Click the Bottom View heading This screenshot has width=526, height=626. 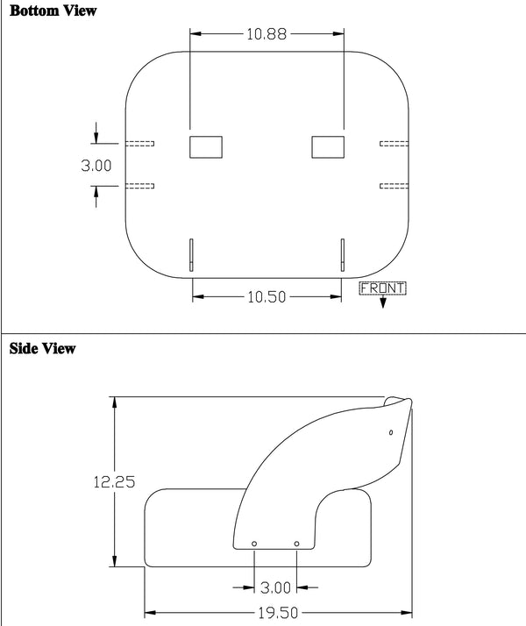tap(53, 11)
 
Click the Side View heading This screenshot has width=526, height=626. tap(42, 348)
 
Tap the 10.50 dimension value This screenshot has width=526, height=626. tap(267, 297)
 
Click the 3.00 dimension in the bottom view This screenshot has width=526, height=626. tap(96, 165)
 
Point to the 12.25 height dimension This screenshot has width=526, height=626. tap(114, 481)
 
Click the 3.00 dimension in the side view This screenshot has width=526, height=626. tap(275, 586)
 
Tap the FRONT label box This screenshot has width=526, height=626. tap(383, 288)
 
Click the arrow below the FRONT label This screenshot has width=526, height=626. tap(383, 302)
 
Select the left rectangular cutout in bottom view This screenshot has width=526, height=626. tap(206, 146)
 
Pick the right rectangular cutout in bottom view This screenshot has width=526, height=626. tap(329, 146)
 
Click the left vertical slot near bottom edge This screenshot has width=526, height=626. tap(192, 254)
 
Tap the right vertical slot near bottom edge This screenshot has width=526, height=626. tap(343, 254)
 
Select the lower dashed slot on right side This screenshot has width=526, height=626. tap(394, 186)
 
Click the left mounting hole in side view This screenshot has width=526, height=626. tap(254, 544)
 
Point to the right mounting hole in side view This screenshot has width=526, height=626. tap(297, 544)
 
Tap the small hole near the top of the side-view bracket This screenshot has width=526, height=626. tap(390, 432)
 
